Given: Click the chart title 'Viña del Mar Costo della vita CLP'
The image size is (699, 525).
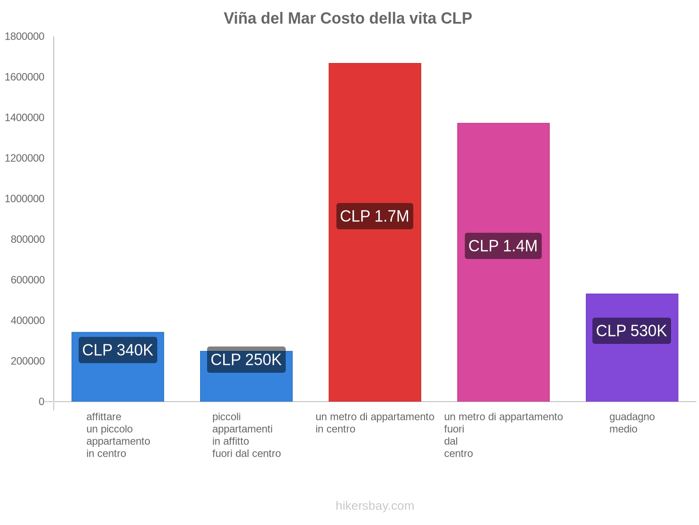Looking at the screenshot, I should coord(348,18).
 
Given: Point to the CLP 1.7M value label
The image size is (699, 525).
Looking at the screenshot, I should coord(374,216).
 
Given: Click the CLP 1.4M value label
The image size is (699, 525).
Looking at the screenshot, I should coord(503,246).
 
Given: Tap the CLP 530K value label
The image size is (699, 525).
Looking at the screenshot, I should coord(631,331).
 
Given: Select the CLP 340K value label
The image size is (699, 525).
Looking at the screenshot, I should coord(118,350).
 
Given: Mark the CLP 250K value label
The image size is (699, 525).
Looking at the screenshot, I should coord(246,360).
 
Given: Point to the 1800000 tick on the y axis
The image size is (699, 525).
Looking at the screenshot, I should coord(24,37).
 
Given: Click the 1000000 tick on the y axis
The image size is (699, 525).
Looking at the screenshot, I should coord(24,199).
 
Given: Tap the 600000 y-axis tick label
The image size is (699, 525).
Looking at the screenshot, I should coord(28,280).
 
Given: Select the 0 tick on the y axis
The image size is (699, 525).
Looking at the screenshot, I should coord(42,402).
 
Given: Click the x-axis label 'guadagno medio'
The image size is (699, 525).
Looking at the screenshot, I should coord(632,423).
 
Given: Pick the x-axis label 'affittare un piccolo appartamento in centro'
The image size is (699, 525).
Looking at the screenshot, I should coord(118,435).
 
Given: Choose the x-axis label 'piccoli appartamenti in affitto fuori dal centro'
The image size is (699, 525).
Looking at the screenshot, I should coord(246,435).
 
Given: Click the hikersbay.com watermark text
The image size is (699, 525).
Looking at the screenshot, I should coord(375,506).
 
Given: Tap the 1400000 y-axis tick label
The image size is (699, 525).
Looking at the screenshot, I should coord(24,118).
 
